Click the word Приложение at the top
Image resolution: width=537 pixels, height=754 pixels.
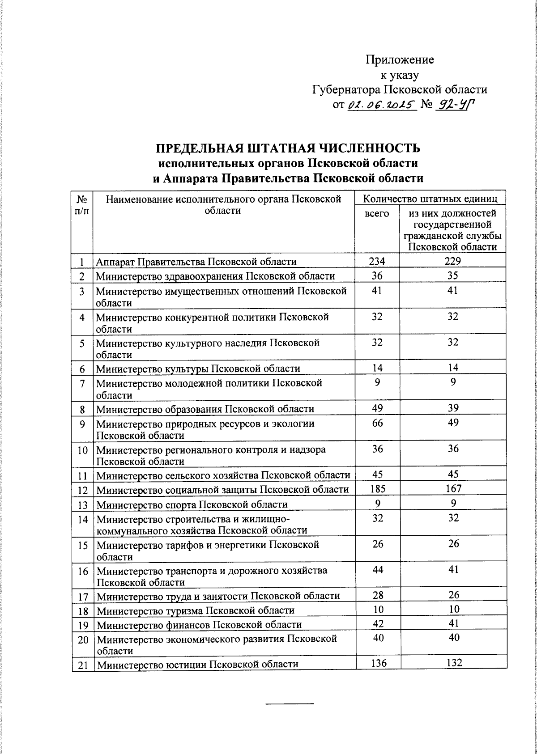(400, 59)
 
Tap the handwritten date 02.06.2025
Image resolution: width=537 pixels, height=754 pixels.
(382, 105)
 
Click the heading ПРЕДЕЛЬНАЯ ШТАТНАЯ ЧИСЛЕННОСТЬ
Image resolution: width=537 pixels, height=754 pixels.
(288, 148)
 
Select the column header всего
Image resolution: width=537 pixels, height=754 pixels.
(377, 214)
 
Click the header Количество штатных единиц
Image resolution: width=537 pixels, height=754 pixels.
(430, 198)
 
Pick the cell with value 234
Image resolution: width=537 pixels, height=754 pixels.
(377, 261)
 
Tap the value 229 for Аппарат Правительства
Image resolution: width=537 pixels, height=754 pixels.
(453, 261)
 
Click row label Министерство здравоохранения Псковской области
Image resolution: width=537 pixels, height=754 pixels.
(215, 276)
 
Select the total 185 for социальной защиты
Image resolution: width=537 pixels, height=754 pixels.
(378, 489)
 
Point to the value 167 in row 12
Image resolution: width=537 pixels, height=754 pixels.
(453, 488)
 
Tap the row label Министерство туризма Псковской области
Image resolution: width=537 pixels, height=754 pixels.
(196, 610)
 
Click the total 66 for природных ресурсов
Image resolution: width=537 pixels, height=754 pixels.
(377, 423)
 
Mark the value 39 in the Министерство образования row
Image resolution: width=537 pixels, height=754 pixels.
(453, 408)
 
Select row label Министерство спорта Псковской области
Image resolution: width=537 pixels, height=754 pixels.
(192, 504)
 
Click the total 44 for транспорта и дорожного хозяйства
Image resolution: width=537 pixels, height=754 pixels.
(378, 570)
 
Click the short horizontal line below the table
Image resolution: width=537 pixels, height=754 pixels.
(290, 704)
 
